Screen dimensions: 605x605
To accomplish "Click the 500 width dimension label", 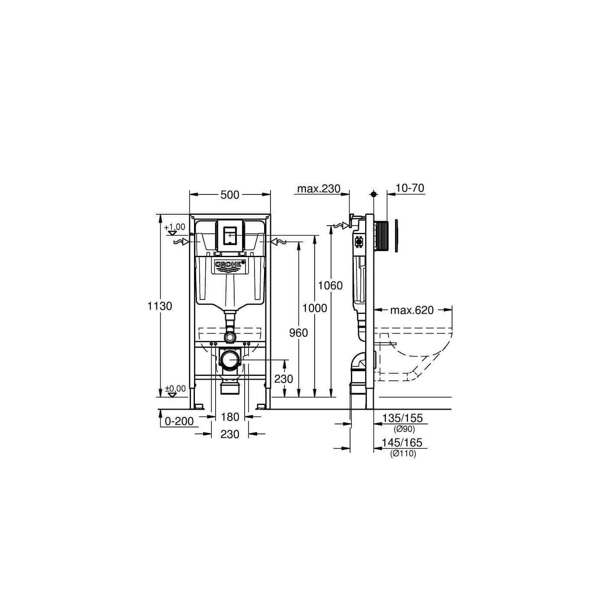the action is pos(230,195).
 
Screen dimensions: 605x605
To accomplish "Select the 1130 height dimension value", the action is pos(160,306).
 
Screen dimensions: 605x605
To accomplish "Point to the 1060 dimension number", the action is pos(330,285).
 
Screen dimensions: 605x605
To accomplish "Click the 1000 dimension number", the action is pos(315,308).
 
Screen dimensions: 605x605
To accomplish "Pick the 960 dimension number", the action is pos(299,332).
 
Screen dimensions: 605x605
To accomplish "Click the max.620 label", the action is pos(412,310).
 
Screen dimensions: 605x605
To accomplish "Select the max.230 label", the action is pos(318,189).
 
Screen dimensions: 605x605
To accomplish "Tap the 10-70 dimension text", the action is pos(410,188).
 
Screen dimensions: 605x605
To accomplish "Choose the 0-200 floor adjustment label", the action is pos(179,421).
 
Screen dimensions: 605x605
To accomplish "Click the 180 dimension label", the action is pos(230,417).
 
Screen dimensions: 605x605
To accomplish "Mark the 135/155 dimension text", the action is pos(402,418).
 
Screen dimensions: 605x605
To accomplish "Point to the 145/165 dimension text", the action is pos(402,443).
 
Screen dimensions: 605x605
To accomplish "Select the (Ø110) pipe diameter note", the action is pos(403,453).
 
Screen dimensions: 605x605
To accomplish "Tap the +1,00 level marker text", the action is pos(175,227).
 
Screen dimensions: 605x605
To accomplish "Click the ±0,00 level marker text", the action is pos(175,388).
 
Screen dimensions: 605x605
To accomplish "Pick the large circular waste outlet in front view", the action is pos(230,359).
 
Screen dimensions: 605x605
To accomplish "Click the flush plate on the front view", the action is pos(230,236).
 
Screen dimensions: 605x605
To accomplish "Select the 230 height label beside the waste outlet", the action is pos(283,379).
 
